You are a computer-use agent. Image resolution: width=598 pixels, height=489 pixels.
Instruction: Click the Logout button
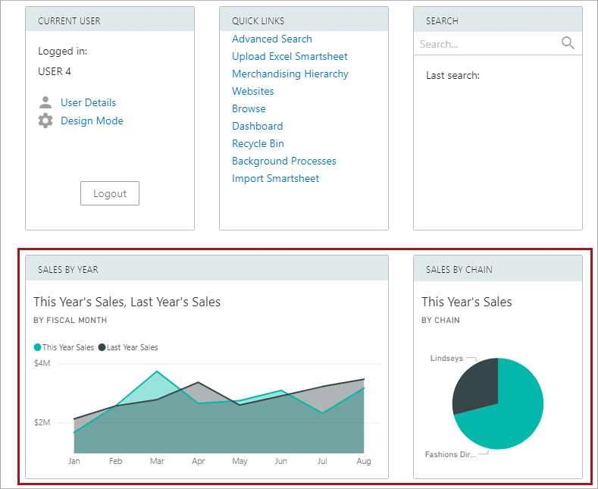pos(110,193)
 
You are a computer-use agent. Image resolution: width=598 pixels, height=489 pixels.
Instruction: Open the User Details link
pos(88,102)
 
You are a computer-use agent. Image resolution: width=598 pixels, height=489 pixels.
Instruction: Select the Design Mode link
pos(92,121)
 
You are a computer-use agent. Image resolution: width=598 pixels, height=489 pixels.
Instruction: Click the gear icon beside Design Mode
pos(45,121)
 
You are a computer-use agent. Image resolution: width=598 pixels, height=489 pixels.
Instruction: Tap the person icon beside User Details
pos(45,102)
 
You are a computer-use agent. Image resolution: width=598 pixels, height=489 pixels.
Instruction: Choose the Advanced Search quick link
pos(271,39)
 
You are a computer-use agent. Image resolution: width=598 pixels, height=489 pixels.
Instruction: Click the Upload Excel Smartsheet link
pos(290,56)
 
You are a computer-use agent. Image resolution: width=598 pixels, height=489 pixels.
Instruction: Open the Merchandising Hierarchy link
pos(290,74)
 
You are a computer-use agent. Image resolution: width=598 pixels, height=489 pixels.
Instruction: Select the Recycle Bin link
pos(258,143)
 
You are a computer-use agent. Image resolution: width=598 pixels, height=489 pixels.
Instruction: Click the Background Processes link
pos(283,161)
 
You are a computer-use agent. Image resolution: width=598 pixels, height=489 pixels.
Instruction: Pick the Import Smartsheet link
pos(275,178)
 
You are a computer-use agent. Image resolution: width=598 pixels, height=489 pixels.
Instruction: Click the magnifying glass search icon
pos(568,43)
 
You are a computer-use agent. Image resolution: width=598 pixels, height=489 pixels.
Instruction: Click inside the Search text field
pos(485,44)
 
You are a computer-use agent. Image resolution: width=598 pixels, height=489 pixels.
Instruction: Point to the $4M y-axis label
pos(42,363)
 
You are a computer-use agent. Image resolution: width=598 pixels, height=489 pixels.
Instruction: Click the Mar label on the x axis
pos(157,461)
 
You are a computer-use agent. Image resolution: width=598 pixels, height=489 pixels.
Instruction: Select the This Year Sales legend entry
pos(64,347)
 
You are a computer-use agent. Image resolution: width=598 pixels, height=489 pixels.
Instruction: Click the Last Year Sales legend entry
pos(128,347)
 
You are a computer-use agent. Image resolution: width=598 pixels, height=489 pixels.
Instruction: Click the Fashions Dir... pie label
pos(450,454)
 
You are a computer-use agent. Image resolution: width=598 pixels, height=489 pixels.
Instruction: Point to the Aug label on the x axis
pos(364,461)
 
